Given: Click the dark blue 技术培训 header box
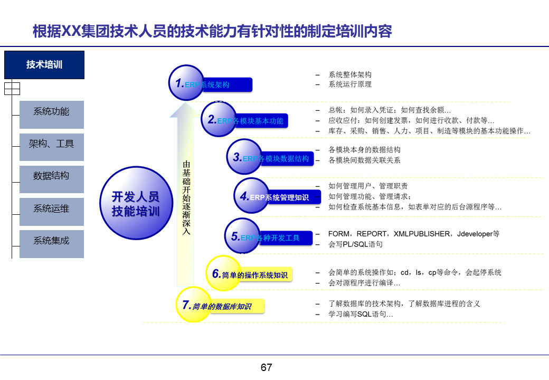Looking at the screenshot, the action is (44, 65).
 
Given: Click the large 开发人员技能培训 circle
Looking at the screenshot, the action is (135, 203).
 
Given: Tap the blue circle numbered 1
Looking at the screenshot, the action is (186, 83).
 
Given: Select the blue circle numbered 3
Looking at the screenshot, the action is (243, 157).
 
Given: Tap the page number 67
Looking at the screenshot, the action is (266, 367).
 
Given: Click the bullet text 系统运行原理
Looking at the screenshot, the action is (350, 84).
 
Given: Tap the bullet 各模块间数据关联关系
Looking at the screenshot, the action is (364, 160).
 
